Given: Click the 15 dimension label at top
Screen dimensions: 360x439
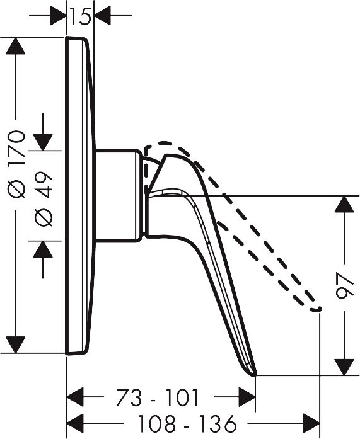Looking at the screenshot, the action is pyautogui.click(x=81, y=16).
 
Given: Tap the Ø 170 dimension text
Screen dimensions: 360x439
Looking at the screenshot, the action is pyautogui.click(x=16, y=164).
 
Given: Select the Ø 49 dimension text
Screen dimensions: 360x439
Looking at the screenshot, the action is pyautogui.click(x=44, y=198).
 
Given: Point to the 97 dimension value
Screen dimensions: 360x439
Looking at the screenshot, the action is pyautogui.click(x=344, y=286).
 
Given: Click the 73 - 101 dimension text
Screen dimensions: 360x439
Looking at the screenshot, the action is pyautogui.click(x=158, y=397).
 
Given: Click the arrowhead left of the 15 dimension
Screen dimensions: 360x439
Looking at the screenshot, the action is pyautogui.click(x=58, y=16).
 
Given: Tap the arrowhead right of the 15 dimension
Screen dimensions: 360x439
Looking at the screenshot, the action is pyautogui.click(x=103, y=16).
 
